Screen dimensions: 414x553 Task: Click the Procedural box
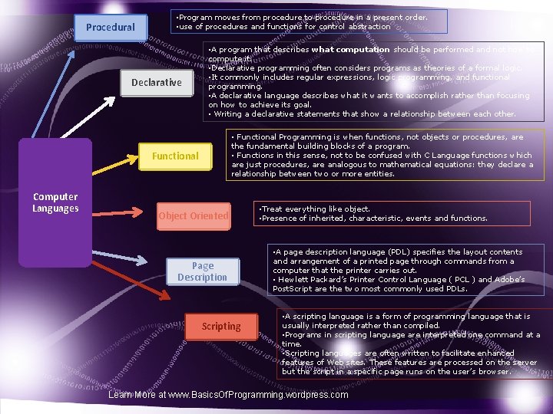(x=110, y=27)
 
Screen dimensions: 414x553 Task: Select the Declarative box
(x=156, y=82)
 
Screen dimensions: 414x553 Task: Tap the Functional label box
(x=175, y=156)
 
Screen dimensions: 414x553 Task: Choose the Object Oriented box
(x=194, y=216)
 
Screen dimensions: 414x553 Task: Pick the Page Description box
(x=203, y=271)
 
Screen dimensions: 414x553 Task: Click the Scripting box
(x=221, y=327)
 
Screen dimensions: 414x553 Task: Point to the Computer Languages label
(x=55, y=203)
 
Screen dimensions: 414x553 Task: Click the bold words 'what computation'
(x=350, y=50)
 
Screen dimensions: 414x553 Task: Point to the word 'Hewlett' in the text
(x=295, y=280)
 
